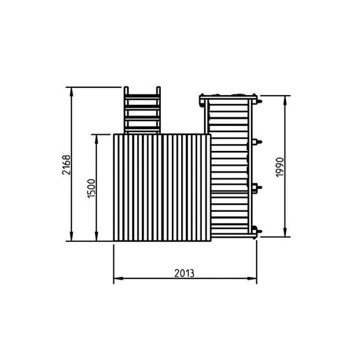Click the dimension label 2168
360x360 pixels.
(x=66, y=165)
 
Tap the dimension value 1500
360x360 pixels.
(x=92, y=188)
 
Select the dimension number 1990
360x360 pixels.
(x=280, y=167)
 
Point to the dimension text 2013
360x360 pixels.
(x=184, y=273)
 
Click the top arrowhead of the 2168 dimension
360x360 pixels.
(x=71, y=92)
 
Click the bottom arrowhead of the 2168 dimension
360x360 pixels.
(x=71, y=236)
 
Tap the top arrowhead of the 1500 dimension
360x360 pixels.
(x=96, y=139)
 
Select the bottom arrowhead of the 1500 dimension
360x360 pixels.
(x=96, y=236)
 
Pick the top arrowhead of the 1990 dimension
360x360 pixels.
(x=285, y=100)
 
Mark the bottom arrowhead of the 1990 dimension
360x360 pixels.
(x=285, y=232)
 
